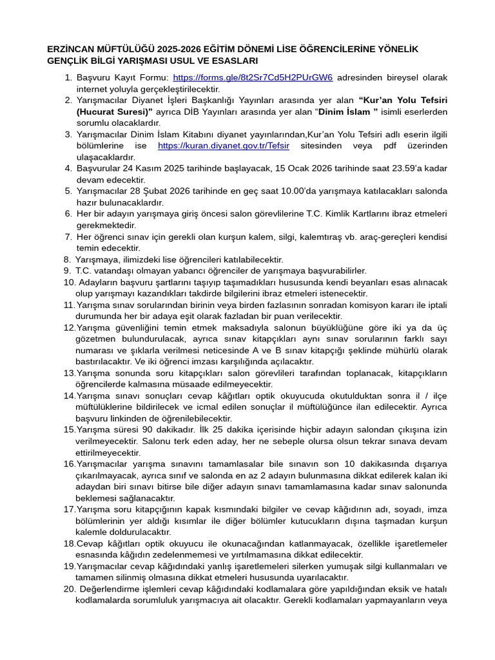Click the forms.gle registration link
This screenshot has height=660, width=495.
(253, 77)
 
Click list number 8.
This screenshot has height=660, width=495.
(67, 260)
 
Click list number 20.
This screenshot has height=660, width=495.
(70, 589)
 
